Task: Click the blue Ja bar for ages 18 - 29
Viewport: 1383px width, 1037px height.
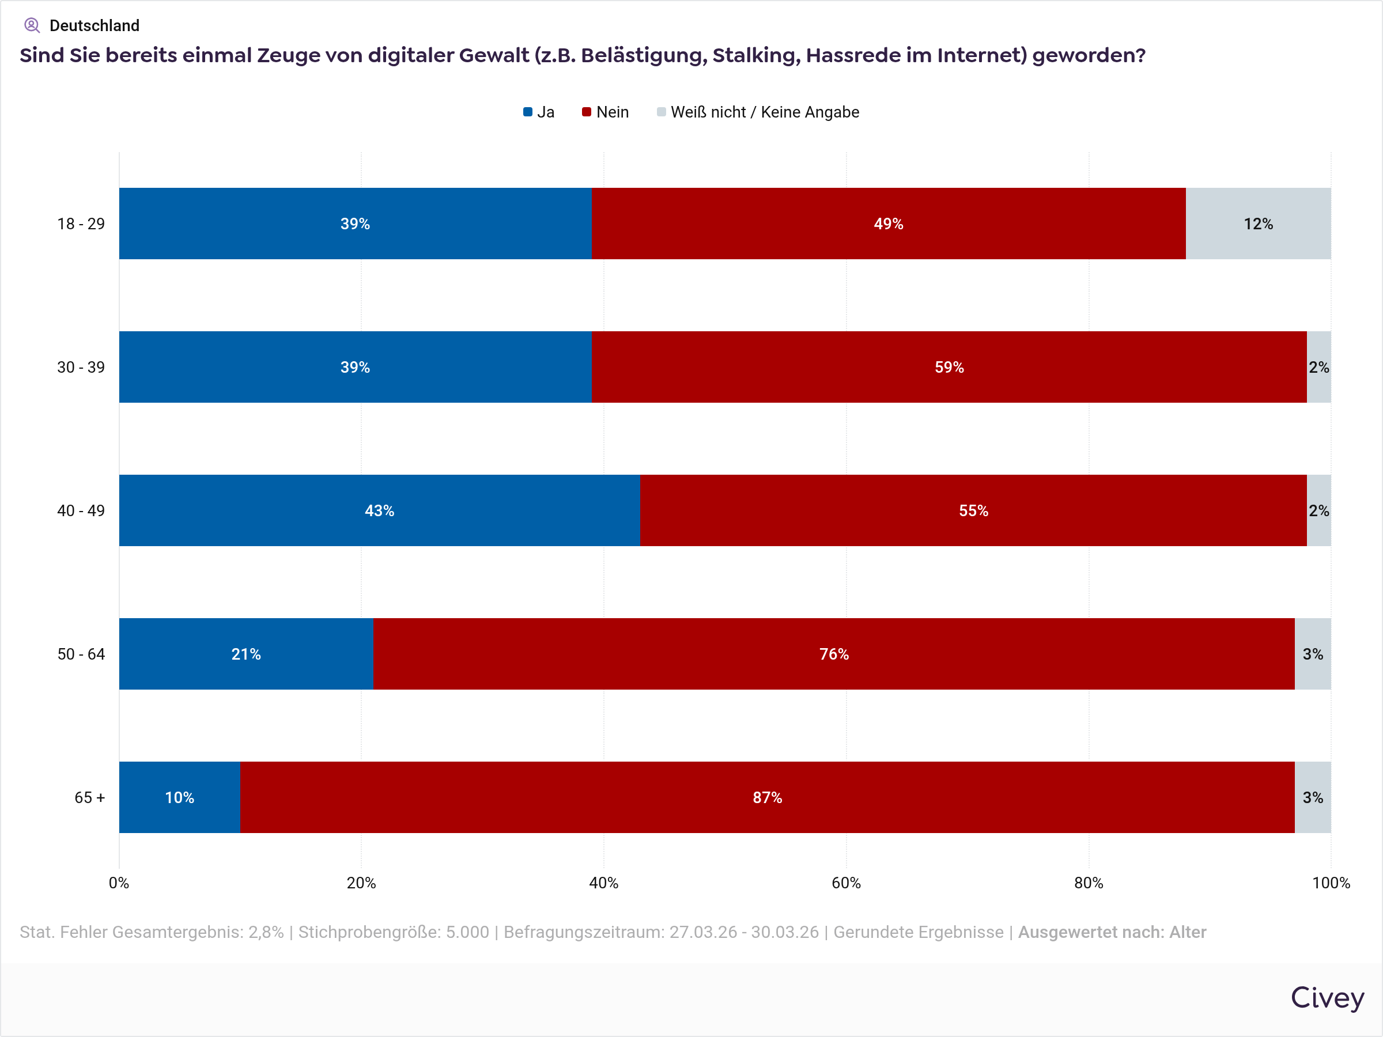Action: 355,223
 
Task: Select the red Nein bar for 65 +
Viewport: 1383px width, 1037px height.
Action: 767,797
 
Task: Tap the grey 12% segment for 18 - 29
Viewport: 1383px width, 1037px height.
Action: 1258,223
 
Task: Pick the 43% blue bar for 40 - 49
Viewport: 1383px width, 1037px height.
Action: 379,510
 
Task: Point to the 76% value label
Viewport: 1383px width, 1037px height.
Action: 834,654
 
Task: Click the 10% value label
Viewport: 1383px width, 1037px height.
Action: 179,797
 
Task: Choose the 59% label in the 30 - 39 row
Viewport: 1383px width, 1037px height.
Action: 949,367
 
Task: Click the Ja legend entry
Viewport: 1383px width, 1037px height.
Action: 539,112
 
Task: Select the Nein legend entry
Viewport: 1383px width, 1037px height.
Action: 605,112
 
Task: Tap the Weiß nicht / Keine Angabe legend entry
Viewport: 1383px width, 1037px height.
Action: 758,112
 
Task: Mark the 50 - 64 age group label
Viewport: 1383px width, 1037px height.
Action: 81,654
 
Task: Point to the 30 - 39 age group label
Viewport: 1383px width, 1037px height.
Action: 81,367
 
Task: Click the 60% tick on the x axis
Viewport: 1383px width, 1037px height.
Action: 846,883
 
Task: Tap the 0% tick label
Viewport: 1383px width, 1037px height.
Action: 119,883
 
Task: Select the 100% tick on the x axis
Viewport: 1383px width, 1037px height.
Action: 1331,883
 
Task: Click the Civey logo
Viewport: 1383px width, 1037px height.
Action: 1327,998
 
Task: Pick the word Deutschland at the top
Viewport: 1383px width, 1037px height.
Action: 95,25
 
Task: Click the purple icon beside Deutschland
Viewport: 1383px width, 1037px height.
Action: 32,25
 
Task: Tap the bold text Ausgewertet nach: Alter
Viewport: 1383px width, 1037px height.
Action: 1112,932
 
